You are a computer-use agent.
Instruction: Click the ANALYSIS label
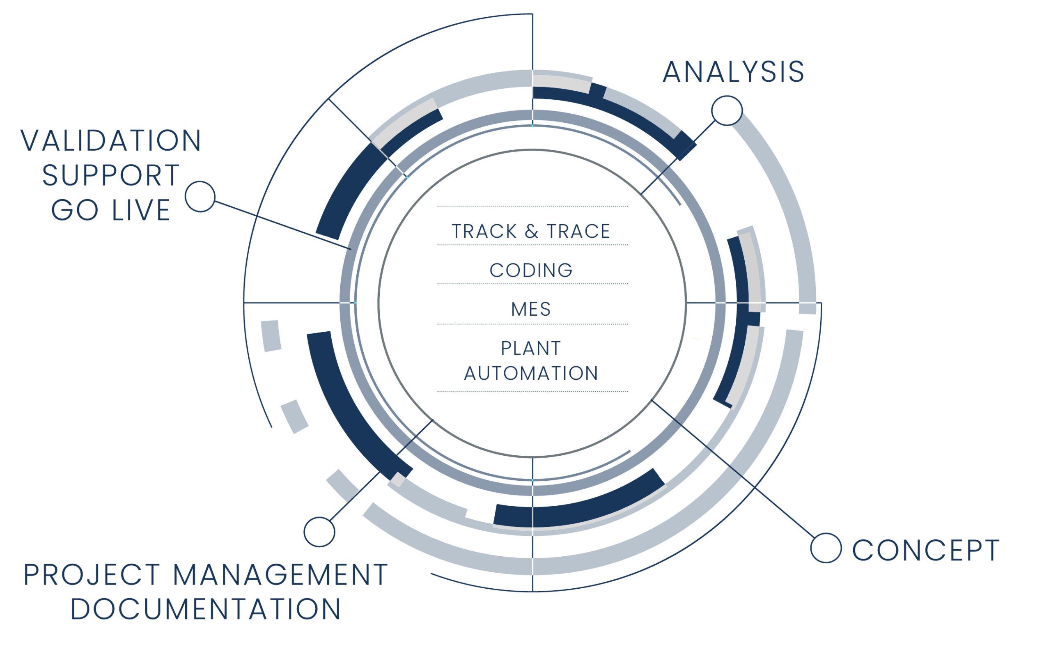coord(733,72)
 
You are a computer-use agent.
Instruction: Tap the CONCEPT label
coord(926,550)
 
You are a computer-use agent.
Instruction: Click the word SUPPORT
coord(111,175)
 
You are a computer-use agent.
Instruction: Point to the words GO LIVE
coord(111,210)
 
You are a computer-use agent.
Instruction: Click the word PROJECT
coord(92,575)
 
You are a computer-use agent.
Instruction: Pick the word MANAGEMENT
coord(280,575)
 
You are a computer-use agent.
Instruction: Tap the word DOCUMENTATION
coord(206,609)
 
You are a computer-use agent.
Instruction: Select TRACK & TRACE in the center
coord(531,232)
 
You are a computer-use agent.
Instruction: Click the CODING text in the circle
coord(531,271)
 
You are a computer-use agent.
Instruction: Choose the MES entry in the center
coord(531,310)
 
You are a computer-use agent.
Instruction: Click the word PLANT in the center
coord(531,348)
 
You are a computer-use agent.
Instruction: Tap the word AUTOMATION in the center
coord(531,374)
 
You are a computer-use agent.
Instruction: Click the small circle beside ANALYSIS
coord(727,111)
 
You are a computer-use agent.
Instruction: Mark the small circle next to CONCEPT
coord(826,548)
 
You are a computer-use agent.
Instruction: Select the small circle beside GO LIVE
coord(200,196)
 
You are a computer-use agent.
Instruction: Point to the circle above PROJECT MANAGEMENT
coord(319,532)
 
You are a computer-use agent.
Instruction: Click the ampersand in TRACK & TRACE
coord(532,232)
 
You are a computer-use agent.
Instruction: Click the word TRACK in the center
coord(484,232)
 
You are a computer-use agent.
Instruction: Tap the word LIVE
coord(141,210)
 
